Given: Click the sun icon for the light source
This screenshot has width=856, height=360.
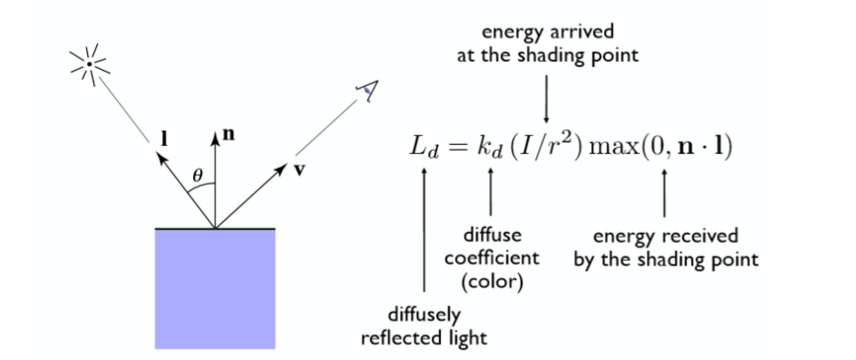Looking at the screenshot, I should [x=89, y=64].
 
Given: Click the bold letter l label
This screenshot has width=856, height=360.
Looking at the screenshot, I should [x=164, y=139].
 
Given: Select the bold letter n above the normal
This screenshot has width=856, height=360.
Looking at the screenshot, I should [x=228, y=134].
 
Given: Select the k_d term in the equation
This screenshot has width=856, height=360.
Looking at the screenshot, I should [x=492, y=147].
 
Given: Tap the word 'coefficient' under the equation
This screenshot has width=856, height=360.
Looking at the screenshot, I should [x=491, y=257].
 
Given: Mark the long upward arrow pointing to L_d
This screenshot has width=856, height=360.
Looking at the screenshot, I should [x=424, y=236].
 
